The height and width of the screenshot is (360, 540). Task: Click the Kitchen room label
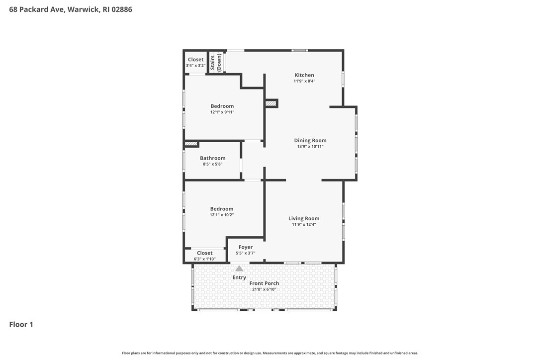[x=304, y=75]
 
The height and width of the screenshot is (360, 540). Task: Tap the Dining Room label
[x=310, y=140]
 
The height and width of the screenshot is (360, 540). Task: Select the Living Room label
[x=304, y=218]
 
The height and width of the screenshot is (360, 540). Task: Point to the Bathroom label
[x=213, y=158]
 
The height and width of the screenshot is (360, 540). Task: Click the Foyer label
[x=246, y=247]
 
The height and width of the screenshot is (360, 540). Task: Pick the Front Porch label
[x=264, y=283]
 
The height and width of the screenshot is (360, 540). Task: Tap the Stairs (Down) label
[x=216, y=63]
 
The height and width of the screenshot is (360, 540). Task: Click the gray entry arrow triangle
[x=239, y=269]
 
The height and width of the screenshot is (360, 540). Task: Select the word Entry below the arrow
[x=239, y=277]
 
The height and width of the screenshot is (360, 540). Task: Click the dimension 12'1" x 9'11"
[x=222, y=112]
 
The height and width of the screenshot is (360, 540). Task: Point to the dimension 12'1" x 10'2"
[x=222, y=215]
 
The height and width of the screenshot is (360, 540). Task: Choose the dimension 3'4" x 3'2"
[x=195, y=66]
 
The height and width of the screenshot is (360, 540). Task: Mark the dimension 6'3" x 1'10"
[x=204, y=259]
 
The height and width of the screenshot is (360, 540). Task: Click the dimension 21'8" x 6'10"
[x=264, y=289]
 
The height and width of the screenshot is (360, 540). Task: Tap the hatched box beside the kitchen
[x=271, y=103]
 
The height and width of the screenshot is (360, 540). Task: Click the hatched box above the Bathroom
[x=191, y=144]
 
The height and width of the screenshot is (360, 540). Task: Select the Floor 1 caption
[x=21, y=325]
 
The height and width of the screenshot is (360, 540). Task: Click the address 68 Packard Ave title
[x=71, y=9]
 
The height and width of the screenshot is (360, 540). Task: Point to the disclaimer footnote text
[x=270, y=353]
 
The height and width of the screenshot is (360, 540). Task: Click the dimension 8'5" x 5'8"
[x=213, y=164]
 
